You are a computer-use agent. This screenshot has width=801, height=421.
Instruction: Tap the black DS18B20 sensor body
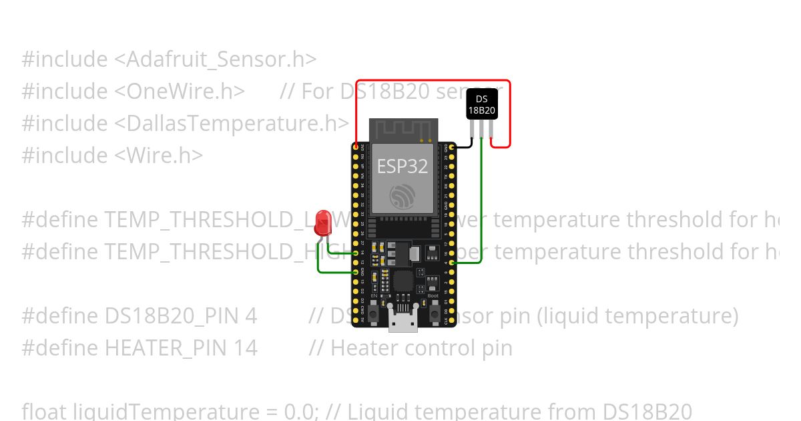(481, 104)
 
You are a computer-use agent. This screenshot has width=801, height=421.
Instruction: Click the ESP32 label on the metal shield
(403, 166)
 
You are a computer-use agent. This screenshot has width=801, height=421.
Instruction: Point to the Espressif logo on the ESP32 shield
(403, 196)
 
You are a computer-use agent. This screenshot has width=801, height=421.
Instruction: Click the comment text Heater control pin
(421, 347)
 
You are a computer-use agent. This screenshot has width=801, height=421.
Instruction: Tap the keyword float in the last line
(45, 410)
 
